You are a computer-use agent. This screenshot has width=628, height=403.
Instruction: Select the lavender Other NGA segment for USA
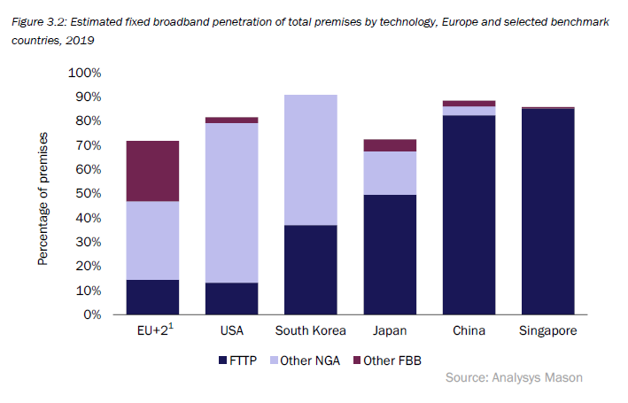(x=231, y=203)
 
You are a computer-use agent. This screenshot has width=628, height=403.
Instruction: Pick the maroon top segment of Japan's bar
(x=389, y=145)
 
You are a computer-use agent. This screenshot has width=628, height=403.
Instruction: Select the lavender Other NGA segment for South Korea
(x=310, y=159)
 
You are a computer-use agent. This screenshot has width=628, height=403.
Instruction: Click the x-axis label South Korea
(x=310, y=332)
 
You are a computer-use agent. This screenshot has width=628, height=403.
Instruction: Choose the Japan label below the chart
(x=389, y=332)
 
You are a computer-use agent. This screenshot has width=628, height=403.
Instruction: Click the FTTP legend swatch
(x=224, y=360)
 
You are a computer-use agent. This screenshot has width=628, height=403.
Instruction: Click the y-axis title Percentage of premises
(x=43, y=199)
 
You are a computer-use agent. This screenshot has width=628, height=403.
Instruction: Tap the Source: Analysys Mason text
(x=514, y=378)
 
